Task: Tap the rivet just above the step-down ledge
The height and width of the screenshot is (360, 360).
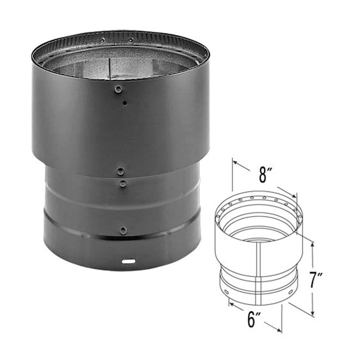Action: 120,170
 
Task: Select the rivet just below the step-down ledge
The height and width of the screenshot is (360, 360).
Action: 123,184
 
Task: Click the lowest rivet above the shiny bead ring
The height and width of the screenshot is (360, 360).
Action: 123,231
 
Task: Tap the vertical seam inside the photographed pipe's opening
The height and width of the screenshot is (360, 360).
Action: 109,69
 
